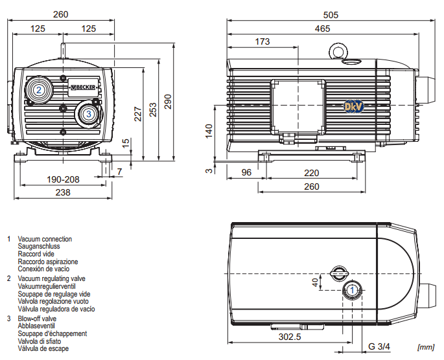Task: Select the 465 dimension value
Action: pos(322,28)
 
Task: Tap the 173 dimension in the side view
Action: pos(263,42)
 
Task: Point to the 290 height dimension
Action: pos(168,102)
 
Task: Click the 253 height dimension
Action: pos(152,107)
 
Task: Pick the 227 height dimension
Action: pos(137,113)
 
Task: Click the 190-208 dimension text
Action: pos(63,179)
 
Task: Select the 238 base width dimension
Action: pos(63,192)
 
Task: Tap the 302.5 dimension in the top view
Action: pos(289,337)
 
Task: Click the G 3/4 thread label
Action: pos(379,346)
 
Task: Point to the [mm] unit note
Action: pos(426,348)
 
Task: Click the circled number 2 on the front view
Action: pos(39,90)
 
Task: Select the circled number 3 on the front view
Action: pos(88,114)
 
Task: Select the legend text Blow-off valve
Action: pos(37,319)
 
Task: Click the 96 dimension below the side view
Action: pos(246,173)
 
